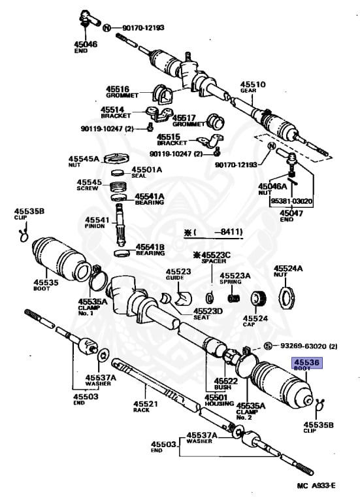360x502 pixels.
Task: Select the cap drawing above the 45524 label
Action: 257,301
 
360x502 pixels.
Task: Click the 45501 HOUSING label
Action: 216,400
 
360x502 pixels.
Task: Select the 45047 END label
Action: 291,216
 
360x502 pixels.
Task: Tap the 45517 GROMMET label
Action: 188,121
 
